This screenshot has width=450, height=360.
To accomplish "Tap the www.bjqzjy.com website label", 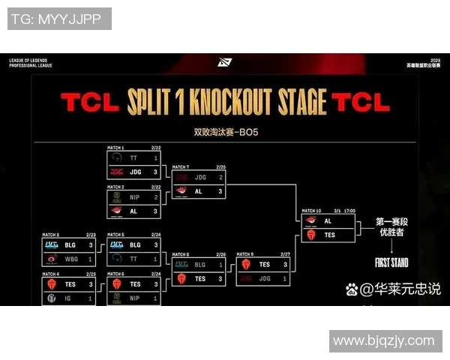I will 383,341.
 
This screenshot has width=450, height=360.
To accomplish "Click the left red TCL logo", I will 89,102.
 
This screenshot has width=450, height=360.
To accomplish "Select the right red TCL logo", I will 361,102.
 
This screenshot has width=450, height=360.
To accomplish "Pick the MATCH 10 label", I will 310,211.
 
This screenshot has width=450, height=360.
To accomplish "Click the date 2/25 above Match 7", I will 220,166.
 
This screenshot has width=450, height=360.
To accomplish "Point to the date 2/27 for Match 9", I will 285,254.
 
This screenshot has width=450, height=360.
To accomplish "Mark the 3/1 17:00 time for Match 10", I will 346,211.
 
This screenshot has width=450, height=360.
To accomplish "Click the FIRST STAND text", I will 391,262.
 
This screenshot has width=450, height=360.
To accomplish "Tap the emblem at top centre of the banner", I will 224,62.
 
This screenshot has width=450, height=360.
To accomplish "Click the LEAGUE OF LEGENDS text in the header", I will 29,60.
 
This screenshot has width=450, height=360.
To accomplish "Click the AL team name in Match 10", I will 328,221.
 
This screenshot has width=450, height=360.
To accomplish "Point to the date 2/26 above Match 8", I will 220,254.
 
